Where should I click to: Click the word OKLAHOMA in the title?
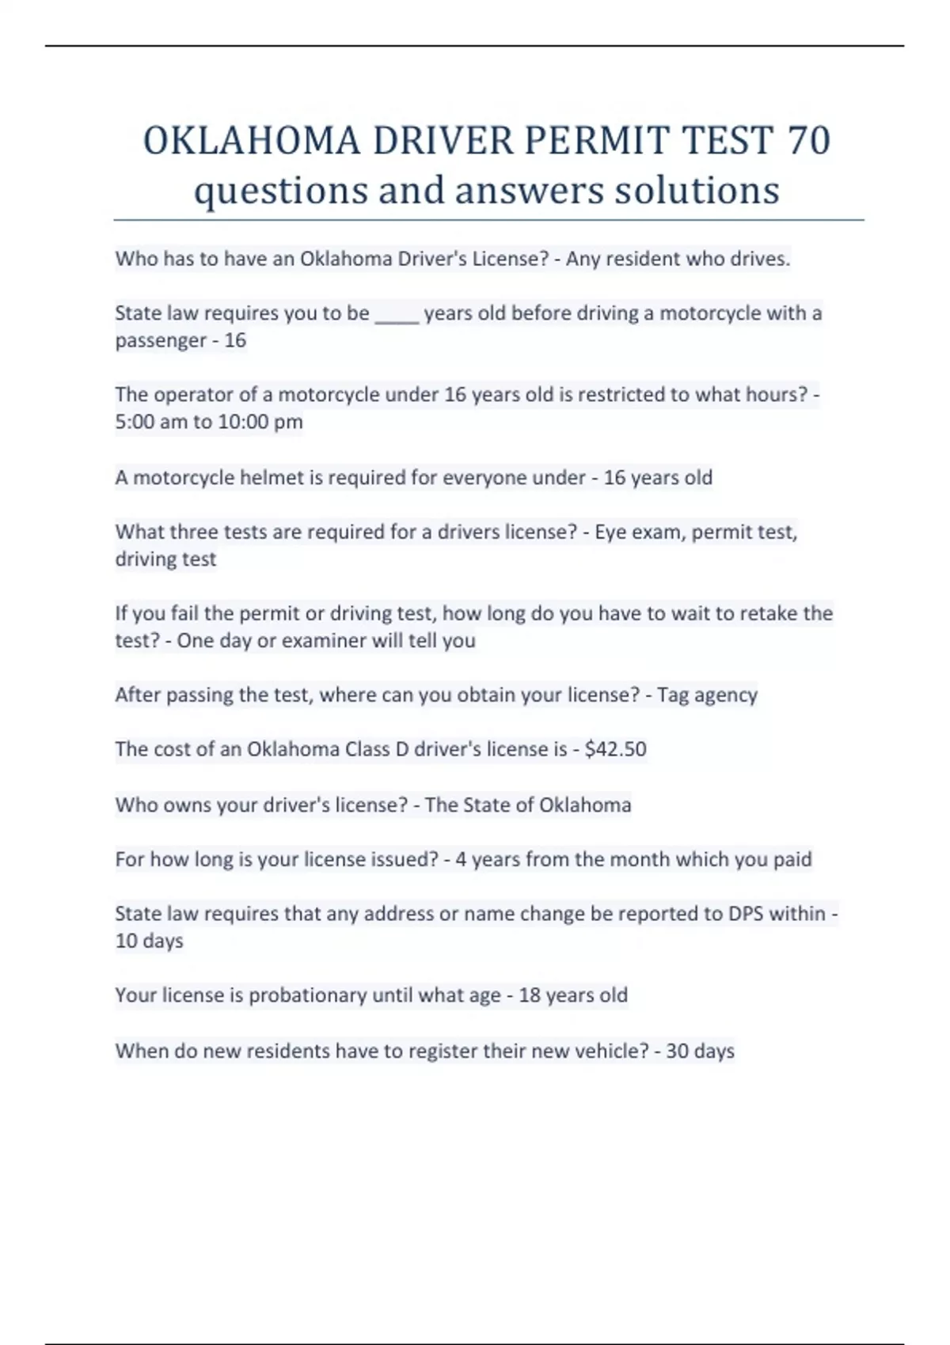tap(252, 141)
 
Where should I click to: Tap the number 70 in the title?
tap(808, 141)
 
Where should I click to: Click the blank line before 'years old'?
tap(397, 315)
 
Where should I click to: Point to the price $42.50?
tap(615, 748)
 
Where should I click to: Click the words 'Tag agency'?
tap(707, 695)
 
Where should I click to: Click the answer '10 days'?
tap(149, 941)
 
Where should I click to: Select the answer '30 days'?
tap(700, 1051)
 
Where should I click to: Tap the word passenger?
tap(161, 341)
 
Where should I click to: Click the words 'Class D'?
tap(378, 748)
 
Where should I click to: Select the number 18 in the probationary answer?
tap(529, 995)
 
